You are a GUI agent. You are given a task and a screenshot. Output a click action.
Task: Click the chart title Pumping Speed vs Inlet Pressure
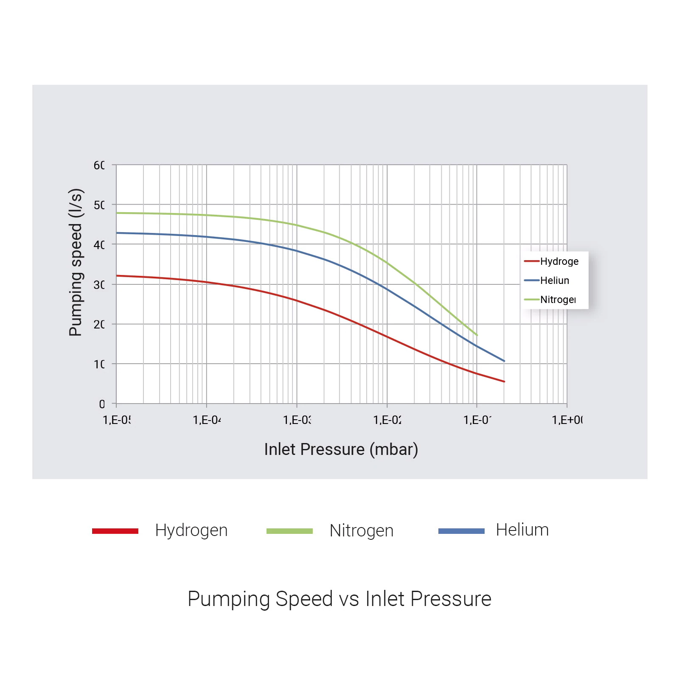[339, 599]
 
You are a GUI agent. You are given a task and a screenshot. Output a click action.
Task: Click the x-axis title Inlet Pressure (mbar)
[341, 449]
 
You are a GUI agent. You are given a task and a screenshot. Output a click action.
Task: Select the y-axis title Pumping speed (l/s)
[76, 262]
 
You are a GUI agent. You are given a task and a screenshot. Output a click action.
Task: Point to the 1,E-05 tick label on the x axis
[117, 420]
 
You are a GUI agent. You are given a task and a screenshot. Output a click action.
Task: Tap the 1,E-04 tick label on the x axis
[207, 420]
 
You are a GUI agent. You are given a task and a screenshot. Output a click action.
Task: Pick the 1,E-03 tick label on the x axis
[297, 420]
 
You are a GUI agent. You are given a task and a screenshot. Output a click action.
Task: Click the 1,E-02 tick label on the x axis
[387, 420]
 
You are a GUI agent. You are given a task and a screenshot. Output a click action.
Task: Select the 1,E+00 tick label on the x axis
[567, 420]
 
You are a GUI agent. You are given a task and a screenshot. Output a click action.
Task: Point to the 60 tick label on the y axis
[99, 165]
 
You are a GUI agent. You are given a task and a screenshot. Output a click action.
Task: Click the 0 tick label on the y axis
[102, 404]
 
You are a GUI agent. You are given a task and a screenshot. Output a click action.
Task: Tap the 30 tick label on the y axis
[99, 285]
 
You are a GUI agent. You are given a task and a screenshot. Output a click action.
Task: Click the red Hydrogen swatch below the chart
[115, 531]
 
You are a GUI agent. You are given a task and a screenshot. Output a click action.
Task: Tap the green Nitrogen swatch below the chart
[289, 531]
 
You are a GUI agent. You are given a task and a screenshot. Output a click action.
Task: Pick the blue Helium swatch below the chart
[461, 531]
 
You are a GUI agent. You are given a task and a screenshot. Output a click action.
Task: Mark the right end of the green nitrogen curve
[477, 335]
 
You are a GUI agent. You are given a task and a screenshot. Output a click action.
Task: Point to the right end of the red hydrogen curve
[504, 382]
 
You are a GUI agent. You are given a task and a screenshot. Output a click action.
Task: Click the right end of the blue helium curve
[504, 361]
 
